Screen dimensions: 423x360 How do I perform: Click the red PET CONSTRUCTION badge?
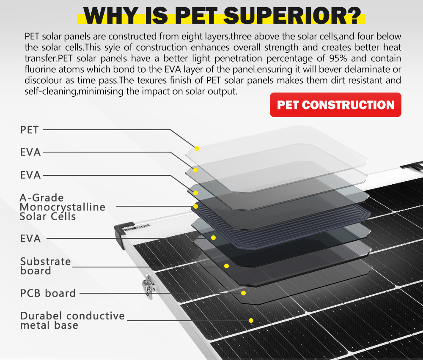[x=335, y=105]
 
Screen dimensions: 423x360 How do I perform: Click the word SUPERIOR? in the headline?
[x=292, y=15]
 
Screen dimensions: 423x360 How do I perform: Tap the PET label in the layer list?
[x=30, y=130]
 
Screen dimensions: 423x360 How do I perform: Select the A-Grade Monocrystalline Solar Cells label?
[x=62, y=207]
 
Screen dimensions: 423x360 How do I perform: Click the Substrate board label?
[x=46, y=266]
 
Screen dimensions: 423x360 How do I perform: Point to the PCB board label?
[x=48, y=293]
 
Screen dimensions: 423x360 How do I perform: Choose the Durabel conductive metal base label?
[x=73, y=320]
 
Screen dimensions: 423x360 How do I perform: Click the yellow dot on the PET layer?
[x=197, y=148]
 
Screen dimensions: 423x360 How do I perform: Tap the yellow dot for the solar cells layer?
[x=195, y=206]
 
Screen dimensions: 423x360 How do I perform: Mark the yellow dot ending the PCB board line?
[x=243, y=293]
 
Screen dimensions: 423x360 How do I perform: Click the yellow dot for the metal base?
[x=251, y=320]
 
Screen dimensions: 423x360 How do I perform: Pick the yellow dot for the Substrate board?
[x=227, y=266]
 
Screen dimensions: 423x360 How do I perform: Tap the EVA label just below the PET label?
[x=30, y=152]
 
